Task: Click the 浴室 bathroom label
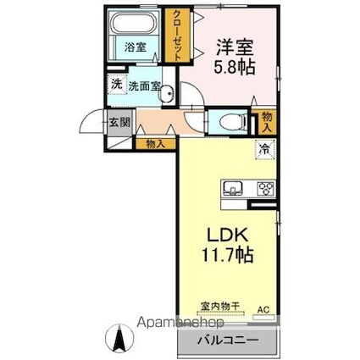pyautogui.click(x=135, y=48)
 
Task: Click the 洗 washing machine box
pyautogui.click(x=114, y=84)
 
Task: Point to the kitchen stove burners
pyautogui.click(x=263, y=188)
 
